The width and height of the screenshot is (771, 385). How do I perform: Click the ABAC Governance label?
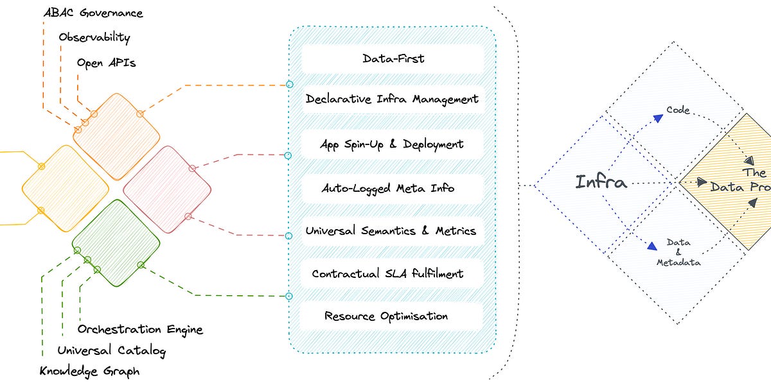point(93,13)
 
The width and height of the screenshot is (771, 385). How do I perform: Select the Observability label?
point(94,37)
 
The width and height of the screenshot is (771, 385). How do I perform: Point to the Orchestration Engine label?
point(140,329)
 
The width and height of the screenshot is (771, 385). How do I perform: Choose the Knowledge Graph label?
point(89,372)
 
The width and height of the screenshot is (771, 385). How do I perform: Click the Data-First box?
point(392,58)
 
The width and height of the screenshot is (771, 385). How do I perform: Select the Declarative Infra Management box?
point(392,99)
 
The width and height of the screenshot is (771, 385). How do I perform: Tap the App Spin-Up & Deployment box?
point(392,144)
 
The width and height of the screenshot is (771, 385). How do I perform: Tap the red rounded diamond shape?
point(167,189)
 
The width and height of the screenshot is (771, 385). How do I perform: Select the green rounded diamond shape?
point(116,243)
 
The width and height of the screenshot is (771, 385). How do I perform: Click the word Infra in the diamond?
point(601,182)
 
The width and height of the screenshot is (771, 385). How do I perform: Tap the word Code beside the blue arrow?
point(677,110)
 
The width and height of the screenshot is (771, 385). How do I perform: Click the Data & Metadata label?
point(678,252)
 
